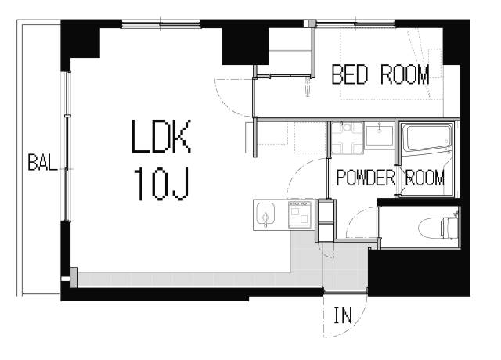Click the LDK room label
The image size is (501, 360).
161,136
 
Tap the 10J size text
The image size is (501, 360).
162,185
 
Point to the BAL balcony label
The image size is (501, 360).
42,162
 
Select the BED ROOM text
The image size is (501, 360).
380,74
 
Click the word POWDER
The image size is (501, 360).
366,178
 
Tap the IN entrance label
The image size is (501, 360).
343,315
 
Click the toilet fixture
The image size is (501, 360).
438,228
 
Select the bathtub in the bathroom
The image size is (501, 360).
427,139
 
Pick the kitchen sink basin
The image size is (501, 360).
265,214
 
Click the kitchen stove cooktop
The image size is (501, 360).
300,214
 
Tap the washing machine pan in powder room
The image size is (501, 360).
347,138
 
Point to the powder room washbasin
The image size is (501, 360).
380,136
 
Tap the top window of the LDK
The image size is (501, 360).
161,24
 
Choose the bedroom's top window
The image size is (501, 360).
355,23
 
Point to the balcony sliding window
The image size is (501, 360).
67,146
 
